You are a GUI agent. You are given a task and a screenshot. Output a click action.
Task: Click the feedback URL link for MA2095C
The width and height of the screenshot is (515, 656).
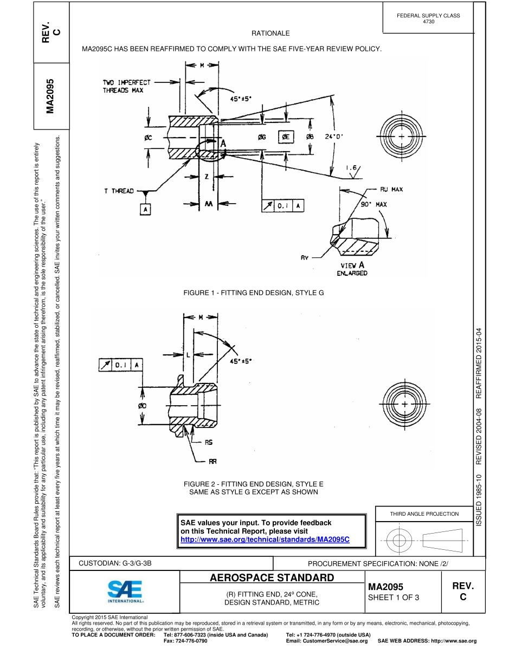coord(265,540)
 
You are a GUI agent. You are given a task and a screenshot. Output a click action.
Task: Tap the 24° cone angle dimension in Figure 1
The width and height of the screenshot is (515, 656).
coord(334,137)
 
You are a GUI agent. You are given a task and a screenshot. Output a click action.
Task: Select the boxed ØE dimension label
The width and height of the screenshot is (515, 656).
coord(287,137)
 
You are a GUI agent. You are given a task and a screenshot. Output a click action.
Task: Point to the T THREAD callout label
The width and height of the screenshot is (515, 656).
coord(119,191)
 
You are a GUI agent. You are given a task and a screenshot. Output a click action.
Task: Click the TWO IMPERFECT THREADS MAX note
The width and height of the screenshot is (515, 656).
coord(127,87)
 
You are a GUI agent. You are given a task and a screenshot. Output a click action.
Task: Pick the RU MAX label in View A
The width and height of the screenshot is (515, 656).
coord(391,190)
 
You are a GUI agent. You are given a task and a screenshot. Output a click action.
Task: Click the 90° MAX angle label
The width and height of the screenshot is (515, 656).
coord(374,205)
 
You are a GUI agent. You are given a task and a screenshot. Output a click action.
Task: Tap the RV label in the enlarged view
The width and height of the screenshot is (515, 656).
coord(305,258)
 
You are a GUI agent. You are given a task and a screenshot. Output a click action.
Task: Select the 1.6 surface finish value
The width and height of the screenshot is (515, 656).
coord(351,168)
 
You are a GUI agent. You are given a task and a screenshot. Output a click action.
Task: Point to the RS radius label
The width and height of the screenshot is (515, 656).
coord(209,443)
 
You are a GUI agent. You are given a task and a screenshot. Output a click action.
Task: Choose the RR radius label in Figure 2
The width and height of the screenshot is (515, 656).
coord(213,462)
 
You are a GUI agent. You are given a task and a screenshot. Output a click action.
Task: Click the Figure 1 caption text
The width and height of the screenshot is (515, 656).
coord(254,293)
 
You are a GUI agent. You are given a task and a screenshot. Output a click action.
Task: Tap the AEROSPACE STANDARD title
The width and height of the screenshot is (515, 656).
coord(272,577)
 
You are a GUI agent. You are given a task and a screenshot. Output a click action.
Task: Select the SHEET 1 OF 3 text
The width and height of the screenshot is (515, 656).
coord(394,597)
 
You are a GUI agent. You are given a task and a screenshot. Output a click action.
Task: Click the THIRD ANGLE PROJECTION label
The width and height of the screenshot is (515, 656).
coord(424,514)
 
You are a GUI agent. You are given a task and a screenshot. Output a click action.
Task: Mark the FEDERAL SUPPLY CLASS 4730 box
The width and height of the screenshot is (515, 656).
coord(428,18)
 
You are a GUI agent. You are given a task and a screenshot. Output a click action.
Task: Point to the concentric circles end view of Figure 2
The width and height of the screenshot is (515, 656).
coord(404,405)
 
